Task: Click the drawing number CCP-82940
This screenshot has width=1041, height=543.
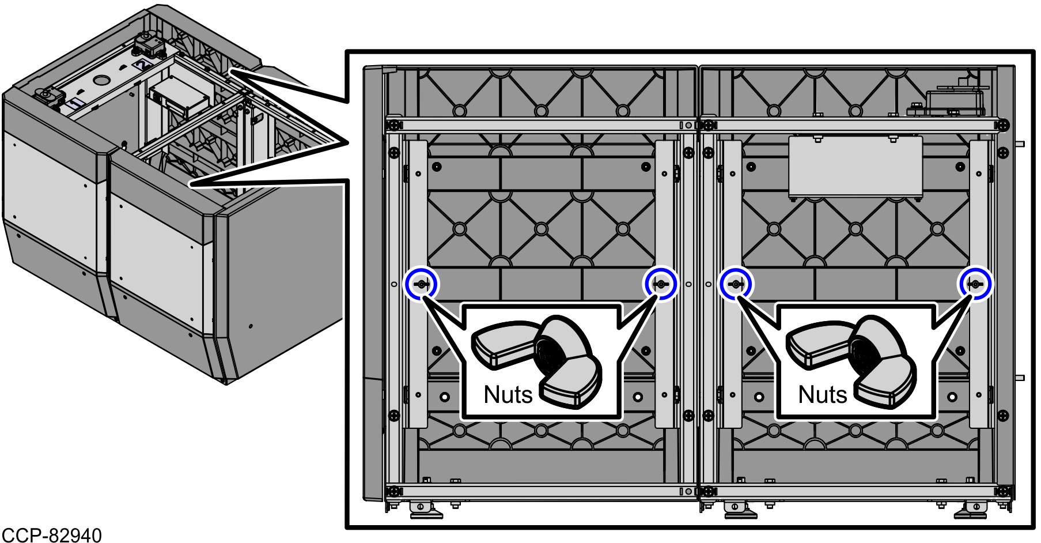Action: (52, 534)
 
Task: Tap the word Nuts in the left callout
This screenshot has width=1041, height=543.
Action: (508, 395)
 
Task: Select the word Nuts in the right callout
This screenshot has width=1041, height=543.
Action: (822, 395)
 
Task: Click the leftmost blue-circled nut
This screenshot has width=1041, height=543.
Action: (421, 284)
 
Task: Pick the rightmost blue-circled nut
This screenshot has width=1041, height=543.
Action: (974, 284)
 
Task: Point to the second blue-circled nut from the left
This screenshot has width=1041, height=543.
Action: (660, 284)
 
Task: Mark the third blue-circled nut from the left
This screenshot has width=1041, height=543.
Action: (736, 284)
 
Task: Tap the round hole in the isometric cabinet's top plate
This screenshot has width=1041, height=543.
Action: (101, 80)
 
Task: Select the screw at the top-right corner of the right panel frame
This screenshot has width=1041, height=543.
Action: (1003, 125)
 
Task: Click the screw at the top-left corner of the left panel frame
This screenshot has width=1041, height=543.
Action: (394, 125)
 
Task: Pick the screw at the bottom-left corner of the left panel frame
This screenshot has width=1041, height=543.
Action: (394, 492)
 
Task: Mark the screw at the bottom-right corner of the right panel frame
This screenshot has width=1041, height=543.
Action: (1003, 492)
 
